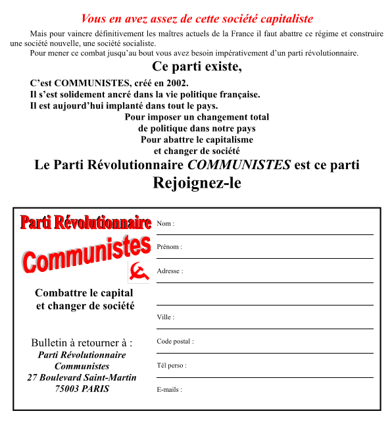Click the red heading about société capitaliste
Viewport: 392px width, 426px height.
[197, 19]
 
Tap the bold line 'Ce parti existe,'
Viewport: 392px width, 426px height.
[197, 67]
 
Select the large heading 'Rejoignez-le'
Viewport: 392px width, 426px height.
[197, 183]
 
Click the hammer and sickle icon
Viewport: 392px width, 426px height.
[138, 272]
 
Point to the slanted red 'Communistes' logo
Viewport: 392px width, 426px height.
[86, 252]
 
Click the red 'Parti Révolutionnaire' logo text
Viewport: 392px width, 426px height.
[86, 223]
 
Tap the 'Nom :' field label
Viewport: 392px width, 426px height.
[166, 224]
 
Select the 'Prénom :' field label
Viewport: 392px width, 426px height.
[170, 247]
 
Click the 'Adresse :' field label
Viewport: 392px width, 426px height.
[170, 271]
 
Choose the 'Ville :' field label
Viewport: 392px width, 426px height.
[166, 317]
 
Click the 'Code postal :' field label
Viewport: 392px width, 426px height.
[176, 342]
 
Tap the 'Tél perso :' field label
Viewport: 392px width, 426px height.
[172, 365]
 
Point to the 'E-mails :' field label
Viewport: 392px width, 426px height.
[170, 390]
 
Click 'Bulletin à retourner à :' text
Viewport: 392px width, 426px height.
[82, 343]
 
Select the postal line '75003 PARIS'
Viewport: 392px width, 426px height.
[82, 388]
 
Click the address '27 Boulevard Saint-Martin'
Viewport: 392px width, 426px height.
[82, 377]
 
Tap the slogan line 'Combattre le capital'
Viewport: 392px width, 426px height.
[84, 293]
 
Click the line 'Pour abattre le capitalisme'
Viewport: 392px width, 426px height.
[197, 140]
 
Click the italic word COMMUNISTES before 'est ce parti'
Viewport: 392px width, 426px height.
[239, 165]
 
